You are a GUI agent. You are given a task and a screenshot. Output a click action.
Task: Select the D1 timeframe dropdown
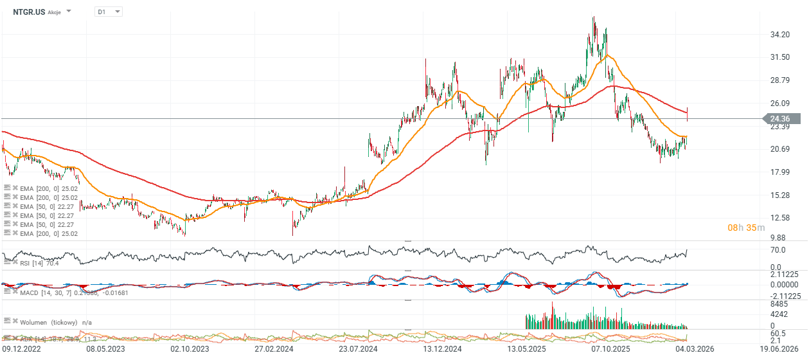(x=107, y=12)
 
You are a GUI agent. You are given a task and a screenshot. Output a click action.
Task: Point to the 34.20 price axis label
(x=779, y=34)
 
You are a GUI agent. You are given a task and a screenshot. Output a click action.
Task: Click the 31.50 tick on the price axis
(x=779, y=57)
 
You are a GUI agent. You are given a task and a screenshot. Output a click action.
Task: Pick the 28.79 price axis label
(x=779, y=80)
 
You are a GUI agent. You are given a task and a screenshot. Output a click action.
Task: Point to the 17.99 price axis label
(x=779, y=172)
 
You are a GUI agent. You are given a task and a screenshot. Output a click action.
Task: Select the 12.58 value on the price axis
(x=779, y=218)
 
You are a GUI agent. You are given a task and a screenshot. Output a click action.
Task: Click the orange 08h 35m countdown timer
(x=746, y=228)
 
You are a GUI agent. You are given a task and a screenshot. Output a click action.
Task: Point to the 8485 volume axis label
(x=779, y=304)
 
